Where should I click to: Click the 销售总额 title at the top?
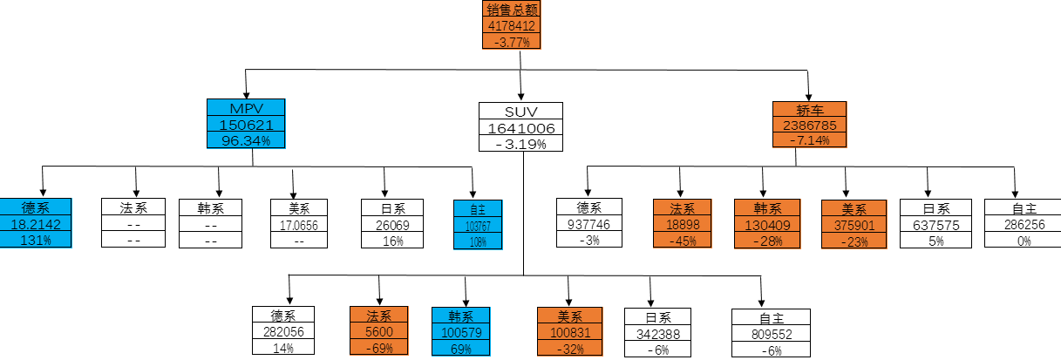pyautogui.click(x=512, y=10)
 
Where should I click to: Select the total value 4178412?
pyautogui.click(x=512, y=26)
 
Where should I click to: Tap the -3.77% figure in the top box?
pyautogui.click(x=512, y=41)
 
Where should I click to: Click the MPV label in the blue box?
pyautogui.click(x=246, y=108)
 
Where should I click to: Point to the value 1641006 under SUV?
pyautogui.click(x=520, y=128)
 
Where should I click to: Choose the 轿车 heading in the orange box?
pyautogui.click(x=810, y=110)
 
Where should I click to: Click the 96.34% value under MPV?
pyautogui.click(x=246, y=140)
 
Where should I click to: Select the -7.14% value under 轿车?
pyautogui.click(x=810, y=140)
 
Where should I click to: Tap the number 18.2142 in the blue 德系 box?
pyautogui.click(x=36, y=224)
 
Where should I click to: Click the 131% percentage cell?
pyautogui.click(x=36, y=241)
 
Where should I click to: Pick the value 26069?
pyautogui.click(x=392, y=225)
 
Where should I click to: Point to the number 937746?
pyautogui.click(x=589, y=224)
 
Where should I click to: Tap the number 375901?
pyautogui.click(x=854, y=224)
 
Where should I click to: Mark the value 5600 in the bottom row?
pyautogui.click(x=378, y=332)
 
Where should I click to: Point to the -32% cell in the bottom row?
pyautogui.click(x=571, y=349)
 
